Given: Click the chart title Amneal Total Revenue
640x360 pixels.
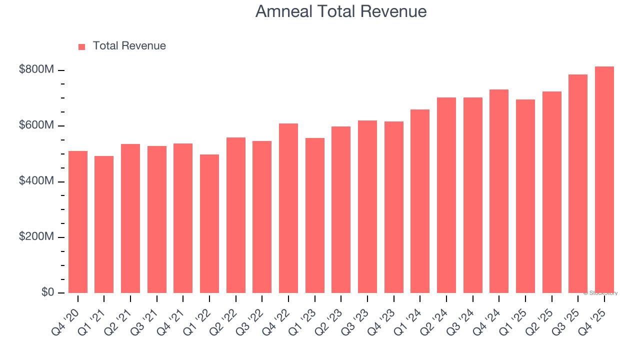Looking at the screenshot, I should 341,11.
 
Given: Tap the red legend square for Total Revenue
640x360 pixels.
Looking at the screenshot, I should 82,46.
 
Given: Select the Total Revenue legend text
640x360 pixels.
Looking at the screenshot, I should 129,46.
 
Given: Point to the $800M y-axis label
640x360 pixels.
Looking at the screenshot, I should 36,70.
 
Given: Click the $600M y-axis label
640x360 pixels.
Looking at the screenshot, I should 36,125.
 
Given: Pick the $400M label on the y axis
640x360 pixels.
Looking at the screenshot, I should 36,181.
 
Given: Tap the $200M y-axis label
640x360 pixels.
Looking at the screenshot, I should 36,237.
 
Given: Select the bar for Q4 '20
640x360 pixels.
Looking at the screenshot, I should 78,222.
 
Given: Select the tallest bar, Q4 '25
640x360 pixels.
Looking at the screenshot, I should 604,179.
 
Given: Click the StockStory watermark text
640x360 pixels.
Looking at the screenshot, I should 601,293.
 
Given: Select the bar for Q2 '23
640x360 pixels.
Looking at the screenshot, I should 341,209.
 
